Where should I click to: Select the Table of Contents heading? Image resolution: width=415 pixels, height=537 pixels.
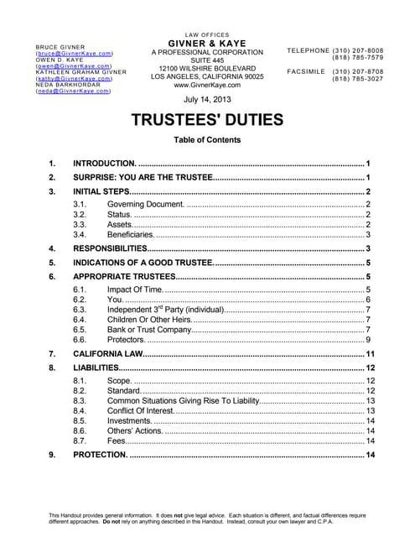click(206, 140)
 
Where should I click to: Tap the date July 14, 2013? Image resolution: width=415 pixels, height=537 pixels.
click(206, 99)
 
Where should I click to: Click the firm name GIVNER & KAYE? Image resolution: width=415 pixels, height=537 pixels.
click(206, 43)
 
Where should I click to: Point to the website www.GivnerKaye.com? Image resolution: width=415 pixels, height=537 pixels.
click(206, 85)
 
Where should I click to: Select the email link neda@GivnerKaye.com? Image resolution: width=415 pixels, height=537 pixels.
click(73, 91)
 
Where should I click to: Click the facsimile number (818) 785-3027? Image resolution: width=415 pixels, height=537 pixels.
click(358, 79)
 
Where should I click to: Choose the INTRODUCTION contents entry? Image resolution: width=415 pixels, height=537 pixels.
click(105, 163)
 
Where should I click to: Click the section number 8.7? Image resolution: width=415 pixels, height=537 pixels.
click(80, 441)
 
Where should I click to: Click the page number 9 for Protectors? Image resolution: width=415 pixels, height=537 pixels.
click(369, 340)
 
